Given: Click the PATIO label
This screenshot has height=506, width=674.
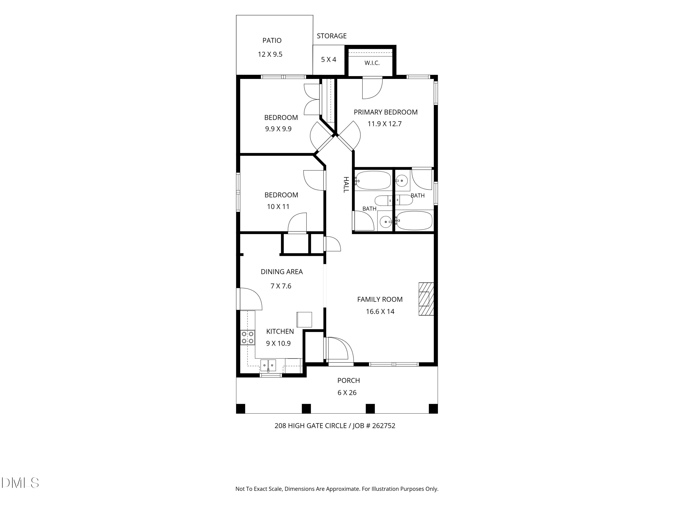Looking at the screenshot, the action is (x=272, y=40).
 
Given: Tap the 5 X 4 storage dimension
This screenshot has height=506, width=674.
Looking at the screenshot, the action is (x=328, y=59).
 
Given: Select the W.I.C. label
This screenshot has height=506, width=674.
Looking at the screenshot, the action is (x=372, y=63).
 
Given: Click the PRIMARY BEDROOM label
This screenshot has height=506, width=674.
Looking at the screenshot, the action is (x=386, y=112).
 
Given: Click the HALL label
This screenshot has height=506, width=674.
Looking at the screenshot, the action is (x=346, y=185).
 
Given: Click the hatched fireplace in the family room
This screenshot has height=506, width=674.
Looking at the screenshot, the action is (x=426, y=299).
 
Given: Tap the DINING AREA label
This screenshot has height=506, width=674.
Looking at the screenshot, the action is (x=282, y=271).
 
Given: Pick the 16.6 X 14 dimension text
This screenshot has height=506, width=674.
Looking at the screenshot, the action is (x=380, y=311).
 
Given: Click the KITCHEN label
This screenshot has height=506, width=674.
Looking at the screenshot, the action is (x=280, y=331).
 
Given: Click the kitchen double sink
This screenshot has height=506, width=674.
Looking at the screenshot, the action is (x=268, y=365).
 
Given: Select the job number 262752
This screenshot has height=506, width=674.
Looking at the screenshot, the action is (x=384, y=425).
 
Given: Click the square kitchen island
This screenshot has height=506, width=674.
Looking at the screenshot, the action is (x=304, y=320).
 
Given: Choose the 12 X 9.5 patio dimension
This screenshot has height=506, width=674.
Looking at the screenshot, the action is (x=270, y=54).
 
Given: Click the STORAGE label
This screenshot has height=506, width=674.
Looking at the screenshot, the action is (x=332, y=36).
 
